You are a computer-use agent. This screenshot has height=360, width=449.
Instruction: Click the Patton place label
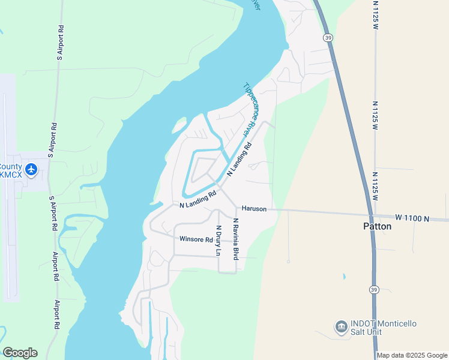tap(378, 226)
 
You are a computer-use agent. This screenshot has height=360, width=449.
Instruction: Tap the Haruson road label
tap(253, 208)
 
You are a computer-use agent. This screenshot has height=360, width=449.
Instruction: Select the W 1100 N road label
tap(413, 218)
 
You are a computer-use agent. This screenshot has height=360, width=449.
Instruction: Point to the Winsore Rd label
tap(196, 239)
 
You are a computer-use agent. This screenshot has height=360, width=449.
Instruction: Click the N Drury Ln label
tap(219, 241)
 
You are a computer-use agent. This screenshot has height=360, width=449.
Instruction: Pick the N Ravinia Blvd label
tap(236, 239)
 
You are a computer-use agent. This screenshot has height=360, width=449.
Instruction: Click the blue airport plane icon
tap(32, 170)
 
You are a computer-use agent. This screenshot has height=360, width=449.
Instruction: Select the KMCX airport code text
tap(11, 175)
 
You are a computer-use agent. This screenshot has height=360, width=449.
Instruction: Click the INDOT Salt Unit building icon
tap(341, 327)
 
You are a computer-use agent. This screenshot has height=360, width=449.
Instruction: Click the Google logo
tap(20, 352)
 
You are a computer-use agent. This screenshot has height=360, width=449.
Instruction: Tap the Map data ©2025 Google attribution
tap(412, 355)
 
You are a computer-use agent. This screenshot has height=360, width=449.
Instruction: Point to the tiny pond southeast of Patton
tap(344, 277)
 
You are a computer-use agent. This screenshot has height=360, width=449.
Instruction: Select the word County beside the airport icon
tap(11, 166)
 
